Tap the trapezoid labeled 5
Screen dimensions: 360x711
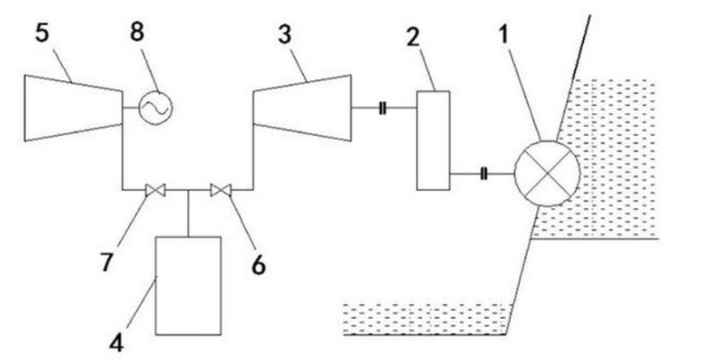[72, 108]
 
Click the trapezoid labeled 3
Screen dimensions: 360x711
[302, 108]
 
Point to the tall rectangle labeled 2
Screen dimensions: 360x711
[433, 140]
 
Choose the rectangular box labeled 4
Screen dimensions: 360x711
[188, 284]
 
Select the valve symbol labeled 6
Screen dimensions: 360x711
[220, 189]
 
